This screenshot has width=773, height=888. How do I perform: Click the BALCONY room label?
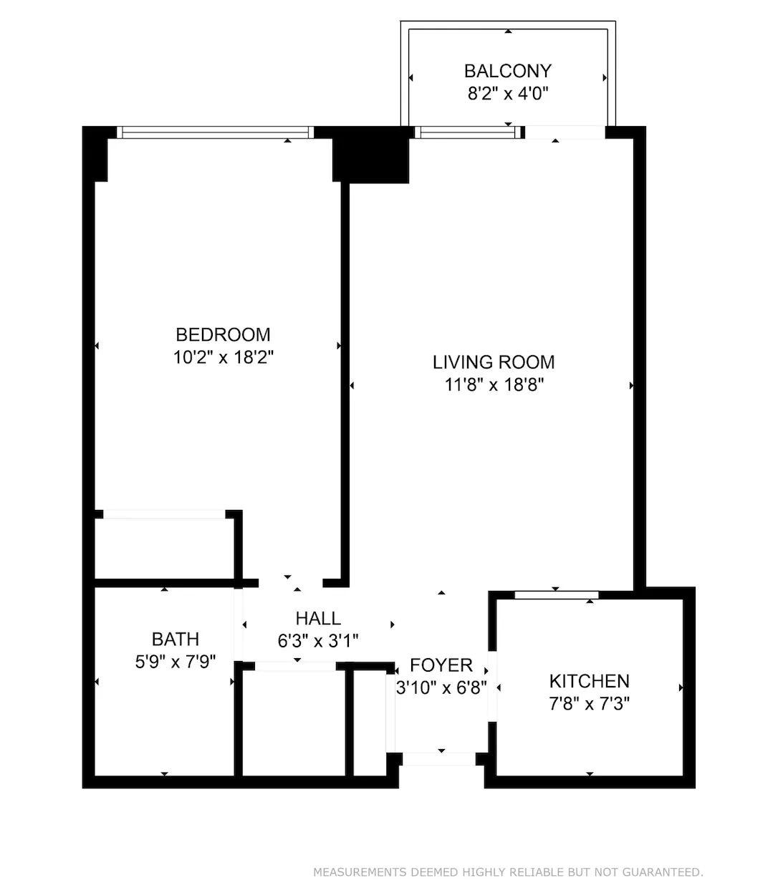[x=508, y=71]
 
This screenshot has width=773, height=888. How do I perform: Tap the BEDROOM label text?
[x=223, y=334]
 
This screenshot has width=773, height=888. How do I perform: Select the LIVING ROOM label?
[x=494, y=362]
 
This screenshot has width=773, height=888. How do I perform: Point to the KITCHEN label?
[x=589, y=681]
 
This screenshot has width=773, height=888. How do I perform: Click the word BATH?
[x=176, y=639]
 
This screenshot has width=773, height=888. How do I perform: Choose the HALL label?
[x=318, y=618]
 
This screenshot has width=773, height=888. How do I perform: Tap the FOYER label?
[x=441, y=665]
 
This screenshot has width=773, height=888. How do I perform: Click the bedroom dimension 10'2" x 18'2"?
[x=224, y=357]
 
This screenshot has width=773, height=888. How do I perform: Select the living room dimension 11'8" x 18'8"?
[x=494, y=385]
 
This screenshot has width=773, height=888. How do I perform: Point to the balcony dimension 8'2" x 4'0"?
[x=508, y=94]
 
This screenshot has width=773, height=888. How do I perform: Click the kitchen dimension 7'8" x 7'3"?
[x=589, y=704]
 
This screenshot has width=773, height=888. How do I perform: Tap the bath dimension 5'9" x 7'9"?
[x=176, y=662]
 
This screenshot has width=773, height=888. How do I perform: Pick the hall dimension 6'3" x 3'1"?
[x=318, y=641]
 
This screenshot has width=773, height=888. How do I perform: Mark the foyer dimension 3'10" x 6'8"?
[x=441, y=688]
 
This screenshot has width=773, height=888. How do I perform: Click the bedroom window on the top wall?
[x=215, y=132]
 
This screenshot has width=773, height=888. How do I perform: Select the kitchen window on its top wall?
[x=557, y=594]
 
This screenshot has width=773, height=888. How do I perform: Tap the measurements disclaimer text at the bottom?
[x=508, y=872]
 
